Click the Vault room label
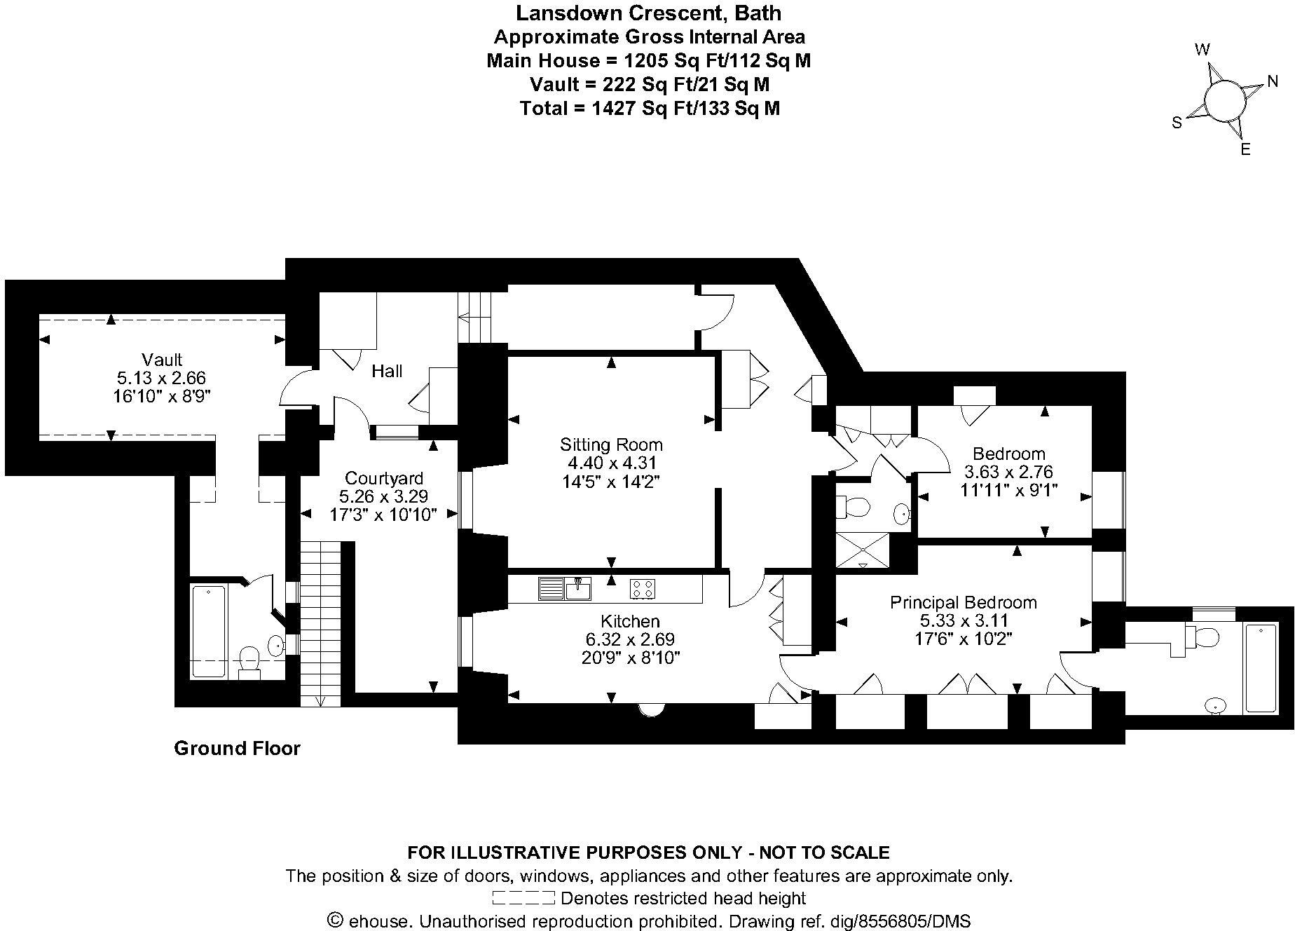161,360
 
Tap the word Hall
387,371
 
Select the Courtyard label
384,478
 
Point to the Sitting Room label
611,444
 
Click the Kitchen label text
630,621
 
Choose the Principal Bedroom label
963,602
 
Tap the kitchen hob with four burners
643,589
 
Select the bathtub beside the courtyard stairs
209,631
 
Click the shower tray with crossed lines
862,550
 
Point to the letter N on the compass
1273,82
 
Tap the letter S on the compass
1177,123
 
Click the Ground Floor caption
237,749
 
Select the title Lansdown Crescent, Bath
648,13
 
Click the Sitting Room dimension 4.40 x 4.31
611,463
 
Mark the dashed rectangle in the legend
523,898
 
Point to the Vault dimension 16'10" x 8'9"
161,396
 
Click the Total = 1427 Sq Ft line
650,108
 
